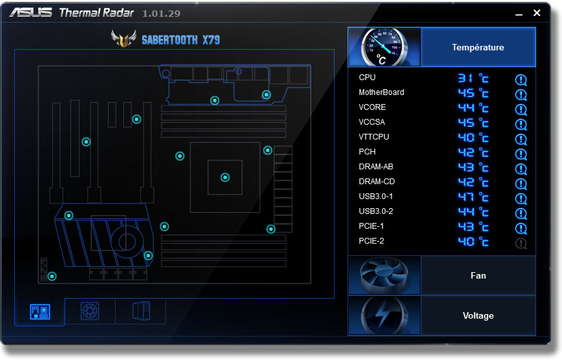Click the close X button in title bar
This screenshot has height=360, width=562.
(537, 13)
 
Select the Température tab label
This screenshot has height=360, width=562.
(478, 47)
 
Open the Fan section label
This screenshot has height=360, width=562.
(478, 275)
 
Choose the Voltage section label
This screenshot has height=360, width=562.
(478, 315)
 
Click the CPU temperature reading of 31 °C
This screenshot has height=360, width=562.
(473, 78)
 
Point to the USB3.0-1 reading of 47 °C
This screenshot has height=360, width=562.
(473, 197)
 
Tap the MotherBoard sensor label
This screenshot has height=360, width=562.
(381, 92)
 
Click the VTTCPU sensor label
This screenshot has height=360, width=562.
(373, 137)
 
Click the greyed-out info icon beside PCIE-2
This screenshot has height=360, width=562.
(521, 244)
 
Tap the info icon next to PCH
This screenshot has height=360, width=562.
(521, 154)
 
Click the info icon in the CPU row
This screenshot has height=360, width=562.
(521, 80)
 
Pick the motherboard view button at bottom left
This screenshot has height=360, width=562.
(40, 312)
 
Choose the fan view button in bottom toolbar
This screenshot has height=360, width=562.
(90, 312)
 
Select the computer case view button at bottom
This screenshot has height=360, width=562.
(140, 312)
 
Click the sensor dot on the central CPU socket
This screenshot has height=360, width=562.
(225, 177)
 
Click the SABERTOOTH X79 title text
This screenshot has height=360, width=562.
(180, 40)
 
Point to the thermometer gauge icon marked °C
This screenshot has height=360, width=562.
(384, 47)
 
